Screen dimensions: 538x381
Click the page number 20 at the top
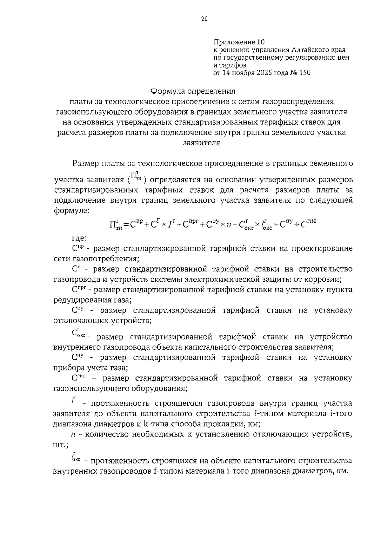click(204, 19)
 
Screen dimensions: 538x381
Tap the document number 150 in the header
click(304, 73)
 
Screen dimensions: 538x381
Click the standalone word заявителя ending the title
click(202, 142)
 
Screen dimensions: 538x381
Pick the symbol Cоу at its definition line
click(77, 310)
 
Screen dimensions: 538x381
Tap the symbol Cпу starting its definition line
click(77, 357)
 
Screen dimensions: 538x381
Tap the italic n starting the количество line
click(73, 435)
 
